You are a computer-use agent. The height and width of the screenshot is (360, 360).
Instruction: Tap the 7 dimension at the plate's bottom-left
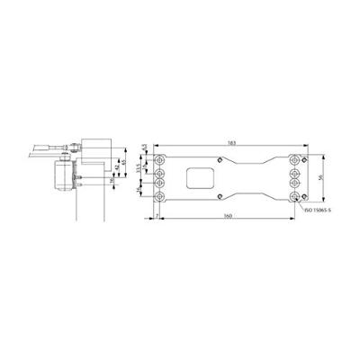156,216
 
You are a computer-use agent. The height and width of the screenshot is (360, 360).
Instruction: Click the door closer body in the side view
66,176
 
